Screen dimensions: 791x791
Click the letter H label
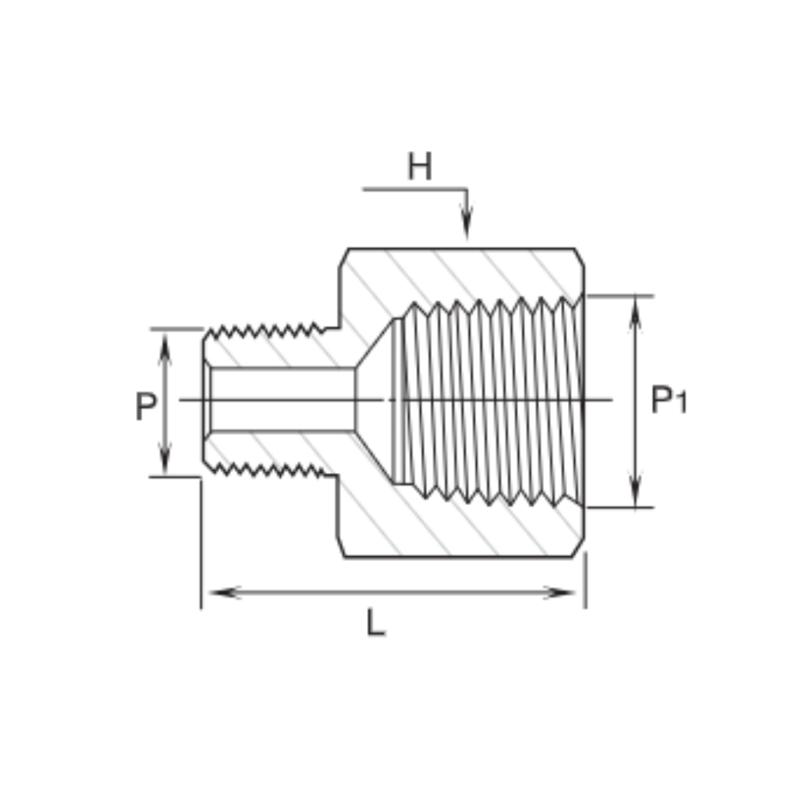(420, 166)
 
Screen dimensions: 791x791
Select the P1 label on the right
(669, 399)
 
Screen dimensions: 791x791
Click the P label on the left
(146, 406)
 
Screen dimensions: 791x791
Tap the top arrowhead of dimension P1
(635, 313)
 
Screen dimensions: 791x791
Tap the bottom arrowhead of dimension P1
(635, 490)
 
